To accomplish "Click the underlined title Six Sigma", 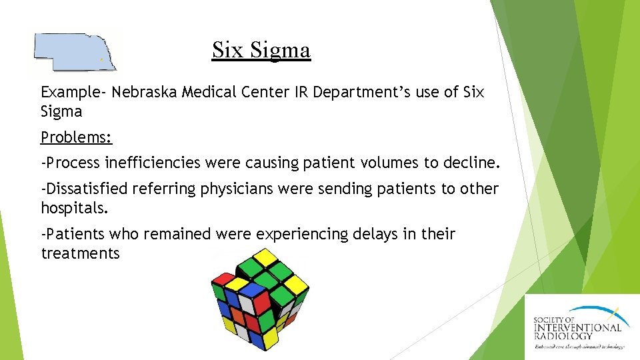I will tap(261, 50).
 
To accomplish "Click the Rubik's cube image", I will tap(260, 299).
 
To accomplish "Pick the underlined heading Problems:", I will tap(77, 137).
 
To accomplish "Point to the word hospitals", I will tap(74, 208).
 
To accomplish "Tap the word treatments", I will tap(81, 253).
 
